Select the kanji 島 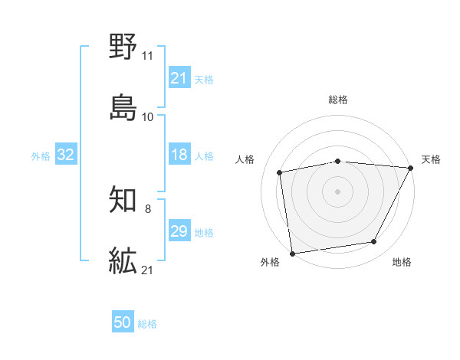(x=123, y=106)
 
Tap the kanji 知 (x=123, y=201)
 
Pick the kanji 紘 (x=123, y=260)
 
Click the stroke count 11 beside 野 (x=147, y=56)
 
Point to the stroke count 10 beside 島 (x=147, y=117)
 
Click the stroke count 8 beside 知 (x=147, y=209)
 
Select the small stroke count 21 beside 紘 (x=147, y=270)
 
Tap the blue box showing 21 (x=179, y=78)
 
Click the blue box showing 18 (x=179, y=155)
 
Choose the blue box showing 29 (x=179, y=231)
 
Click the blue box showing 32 (x=66, y=155)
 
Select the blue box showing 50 (x=123, y=323)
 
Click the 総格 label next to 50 (x=147, y=324)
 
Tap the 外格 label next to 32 (x=41, y=156)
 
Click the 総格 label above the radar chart (x=338, y=100)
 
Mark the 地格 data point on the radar (x=374, y=242)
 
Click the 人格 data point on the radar (x=280, y=172)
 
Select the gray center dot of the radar (x=338, y=191)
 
